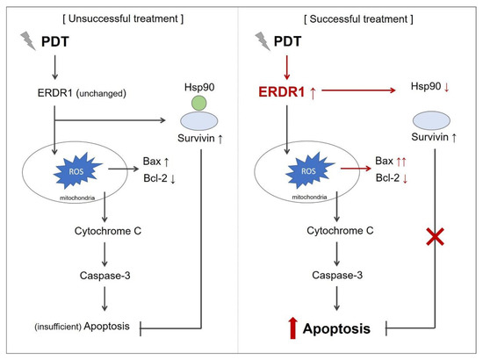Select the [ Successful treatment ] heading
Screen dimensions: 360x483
359,19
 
